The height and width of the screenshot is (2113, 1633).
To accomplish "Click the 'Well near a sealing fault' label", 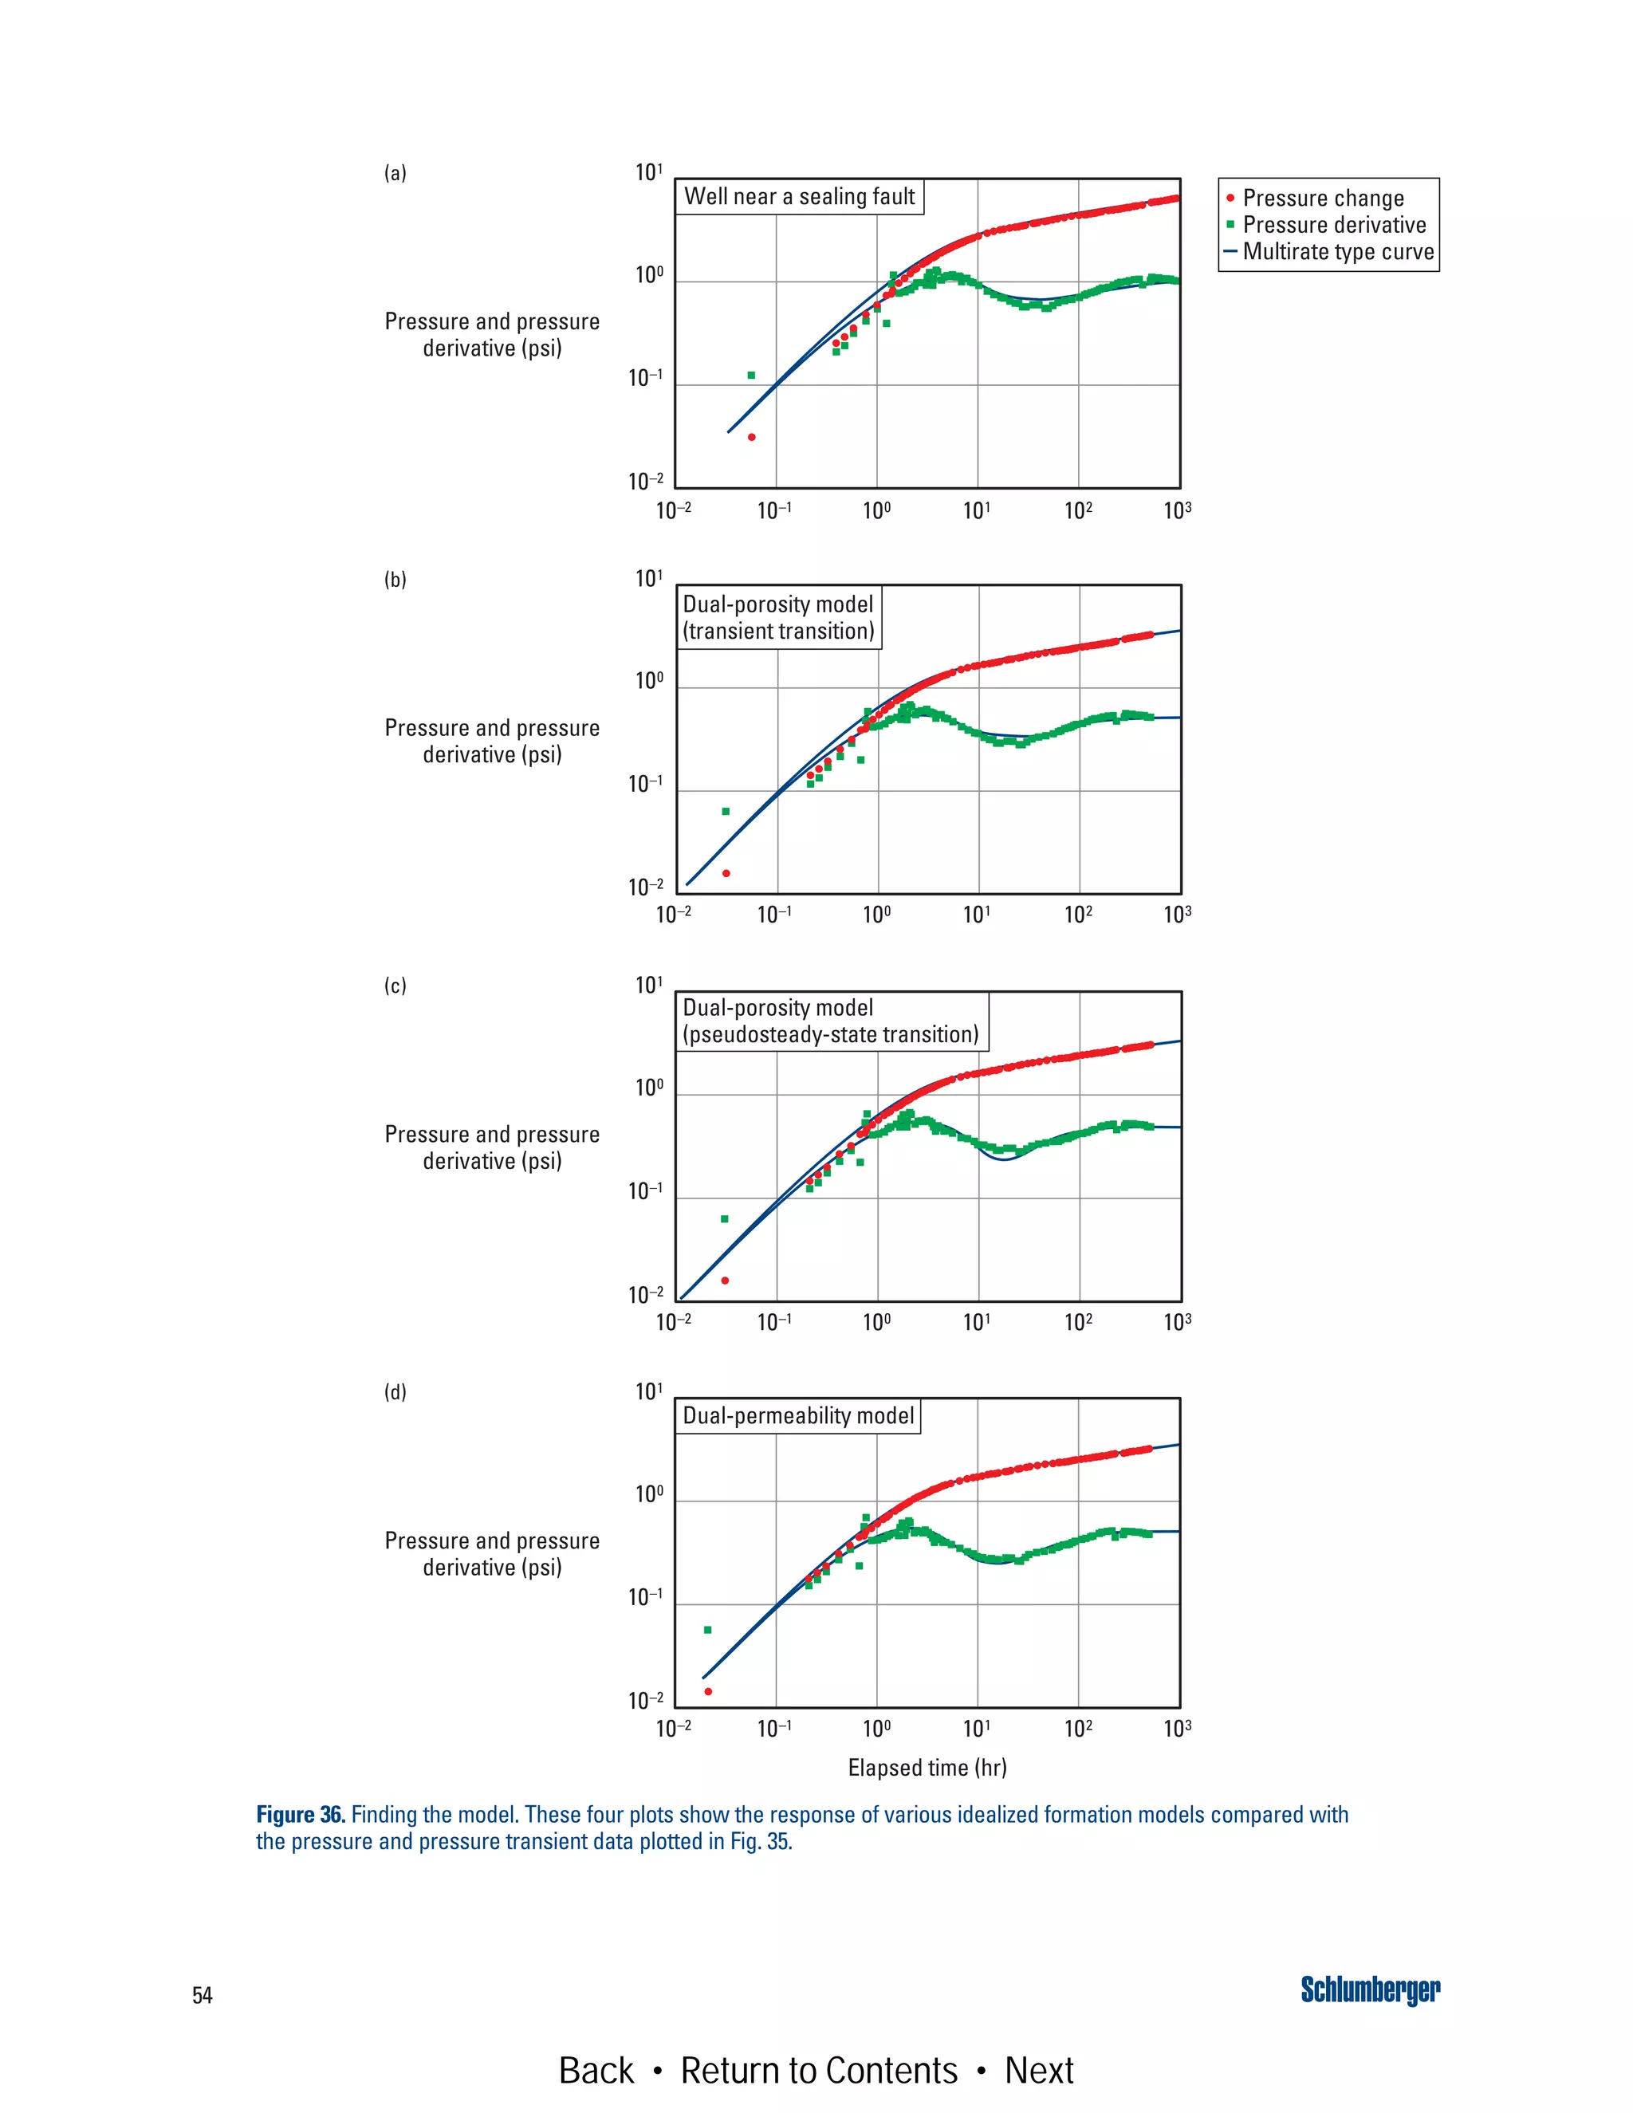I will click(799, 196).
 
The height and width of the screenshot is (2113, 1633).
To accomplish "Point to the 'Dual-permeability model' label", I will click(798, 1415).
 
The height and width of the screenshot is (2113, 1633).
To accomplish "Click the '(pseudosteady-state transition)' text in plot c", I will click(831, 1034).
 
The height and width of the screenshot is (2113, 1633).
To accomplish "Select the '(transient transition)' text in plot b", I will click(779, 631).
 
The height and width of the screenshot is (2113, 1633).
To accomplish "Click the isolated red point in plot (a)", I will click(752, 437).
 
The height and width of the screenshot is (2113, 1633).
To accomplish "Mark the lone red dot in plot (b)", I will click(726, 874).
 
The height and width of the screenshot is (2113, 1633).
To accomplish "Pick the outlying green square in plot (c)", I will click(725, 1219).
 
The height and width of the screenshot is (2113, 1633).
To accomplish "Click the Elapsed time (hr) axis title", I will click(927, 1768).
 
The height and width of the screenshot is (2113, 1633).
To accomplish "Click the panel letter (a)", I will click(395, 173).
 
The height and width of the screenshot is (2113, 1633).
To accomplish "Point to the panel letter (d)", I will click(395, 1392).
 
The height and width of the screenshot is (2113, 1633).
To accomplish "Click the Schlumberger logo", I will click(1369, 1990).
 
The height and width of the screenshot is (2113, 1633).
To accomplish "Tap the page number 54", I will click(203, 1995).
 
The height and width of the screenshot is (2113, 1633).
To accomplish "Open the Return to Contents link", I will click(818, 2071).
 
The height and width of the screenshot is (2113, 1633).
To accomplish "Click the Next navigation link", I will click(1038, 2071).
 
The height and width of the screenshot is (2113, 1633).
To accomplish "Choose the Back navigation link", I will click(596, 2071).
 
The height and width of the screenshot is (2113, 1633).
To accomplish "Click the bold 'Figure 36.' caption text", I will click(300, 1814).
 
